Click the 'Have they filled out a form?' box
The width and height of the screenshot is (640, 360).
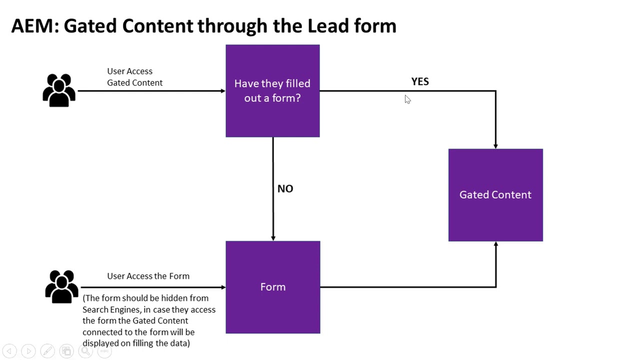click(272, 90)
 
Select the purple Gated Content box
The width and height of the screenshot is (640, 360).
click(495, 195)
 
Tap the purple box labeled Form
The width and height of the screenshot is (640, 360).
click(272, 287)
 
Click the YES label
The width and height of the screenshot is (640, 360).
click(420, 81)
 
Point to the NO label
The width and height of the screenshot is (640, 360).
click(285, 188)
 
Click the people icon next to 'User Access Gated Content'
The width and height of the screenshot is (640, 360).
click(59, 90)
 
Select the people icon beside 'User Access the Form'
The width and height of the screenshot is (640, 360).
click(61, 286)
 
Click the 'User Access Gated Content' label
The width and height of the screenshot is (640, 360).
click(134, 77)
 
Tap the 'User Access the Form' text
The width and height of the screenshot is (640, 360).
click(148, 276)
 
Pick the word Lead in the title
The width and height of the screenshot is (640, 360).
click(328, 26)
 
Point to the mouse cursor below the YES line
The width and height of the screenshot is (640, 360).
click(407, 99)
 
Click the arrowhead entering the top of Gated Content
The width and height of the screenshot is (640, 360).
click(495, 145)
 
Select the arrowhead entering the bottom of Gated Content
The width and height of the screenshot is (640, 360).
click(495, 244)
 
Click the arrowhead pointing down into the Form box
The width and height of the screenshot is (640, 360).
click(273, 238)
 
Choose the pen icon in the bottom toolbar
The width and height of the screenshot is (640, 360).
click(47, 351)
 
